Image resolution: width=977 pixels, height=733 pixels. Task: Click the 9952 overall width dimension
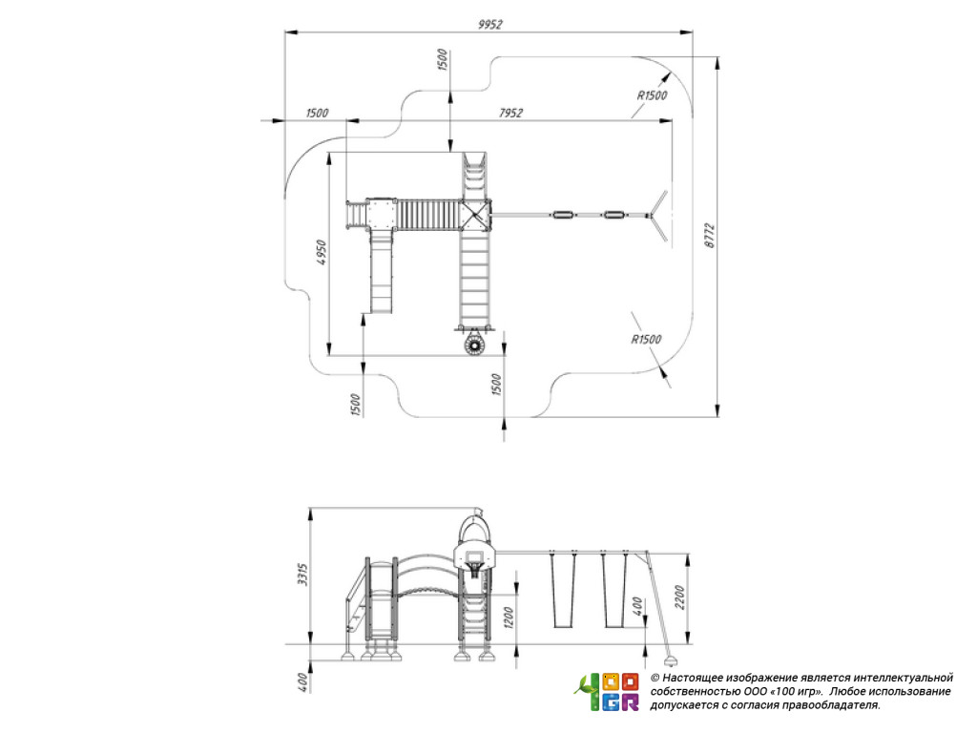point(489,24)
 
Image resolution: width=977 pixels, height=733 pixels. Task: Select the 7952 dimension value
point(510,113)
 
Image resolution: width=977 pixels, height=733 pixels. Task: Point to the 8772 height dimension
point(710,237)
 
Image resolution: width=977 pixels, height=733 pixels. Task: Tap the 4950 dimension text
point(321,252)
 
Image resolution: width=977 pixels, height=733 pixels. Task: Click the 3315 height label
point(302,574)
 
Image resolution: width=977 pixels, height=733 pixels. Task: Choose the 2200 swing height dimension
point(679,597)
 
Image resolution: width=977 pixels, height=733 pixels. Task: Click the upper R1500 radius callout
point(652,95)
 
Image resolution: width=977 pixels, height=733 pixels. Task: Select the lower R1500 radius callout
point(646,339)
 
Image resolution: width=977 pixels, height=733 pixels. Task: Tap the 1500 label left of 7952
point(317,113)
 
